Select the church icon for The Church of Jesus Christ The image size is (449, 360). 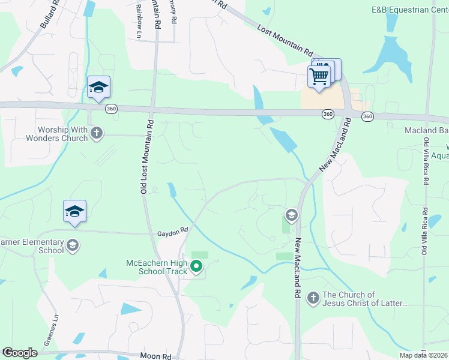click(x=313, y=298)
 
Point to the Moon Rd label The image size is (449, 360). click(x=156, y=356)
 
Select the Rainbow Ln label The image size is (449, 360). click(x=139, y=25)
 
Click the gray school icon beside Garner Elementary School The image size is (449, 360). click(x=73, y=245)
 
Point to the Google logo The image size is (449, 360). click(x=19, y=352)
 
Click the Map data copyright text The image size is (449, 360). click(x=424, y=355)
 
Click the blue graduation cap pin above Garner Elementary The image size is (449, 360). click(x=75, y=211)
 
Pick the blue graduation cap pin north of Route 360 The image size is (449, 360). click(x=98, y=88)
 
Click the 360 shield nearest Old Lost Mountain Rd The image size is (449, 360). click(x=111, y=109)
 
